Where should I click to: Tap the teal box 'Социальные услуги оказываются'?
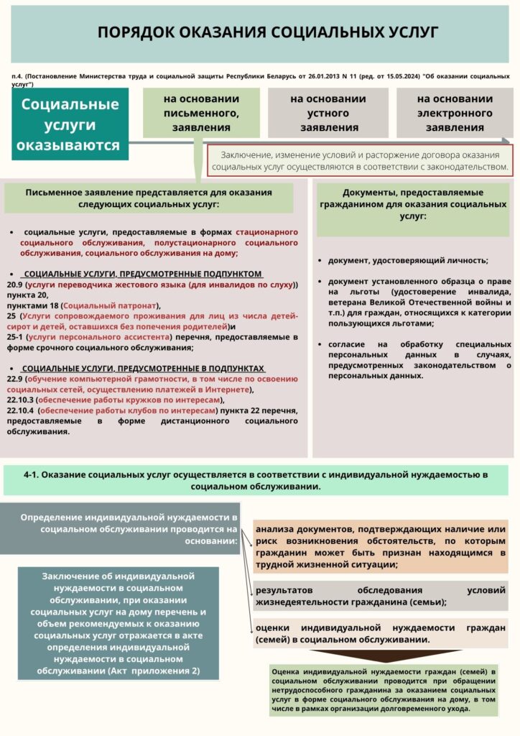(70, 124)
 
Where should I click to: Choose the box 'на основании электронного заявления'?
(454, 113)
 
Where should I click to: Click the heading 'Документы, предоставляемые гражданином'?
(413, 203)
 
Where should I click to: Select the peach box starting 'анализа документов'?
(381, 547)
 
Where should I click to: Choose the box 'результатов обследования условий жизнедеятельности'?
(381, 596)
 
